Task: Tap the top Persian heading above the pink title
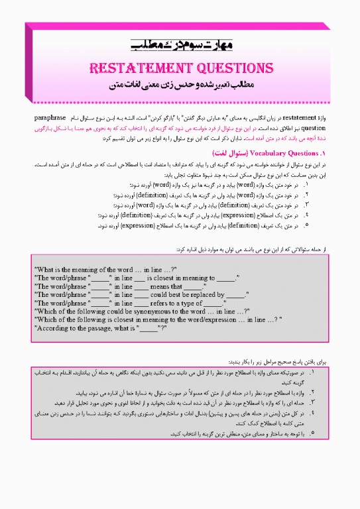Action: pyautogui.click(x=180, y=46)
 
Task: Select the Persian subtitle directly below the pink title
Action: pyautogui.click(x=180, y=85)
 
